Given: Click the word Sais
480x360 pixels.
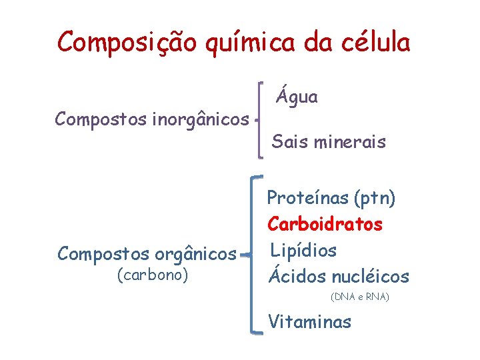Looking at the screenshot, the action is [287, 142].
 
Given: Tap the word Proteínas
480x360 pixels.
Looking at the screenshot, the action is [307, 198].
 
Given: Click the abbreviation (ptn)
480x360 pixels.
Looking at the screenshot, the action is [374, 199].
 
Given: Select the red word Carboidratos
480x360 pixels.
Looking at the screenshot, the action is [325, 224].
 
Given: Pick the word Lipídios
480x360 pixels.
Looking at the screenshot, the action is [303, 251].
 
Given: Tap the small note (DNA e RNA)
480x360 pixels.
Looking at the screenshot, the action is [359, 296].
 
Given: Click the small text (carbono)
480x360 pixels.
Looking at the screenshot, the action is [152, 274].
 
